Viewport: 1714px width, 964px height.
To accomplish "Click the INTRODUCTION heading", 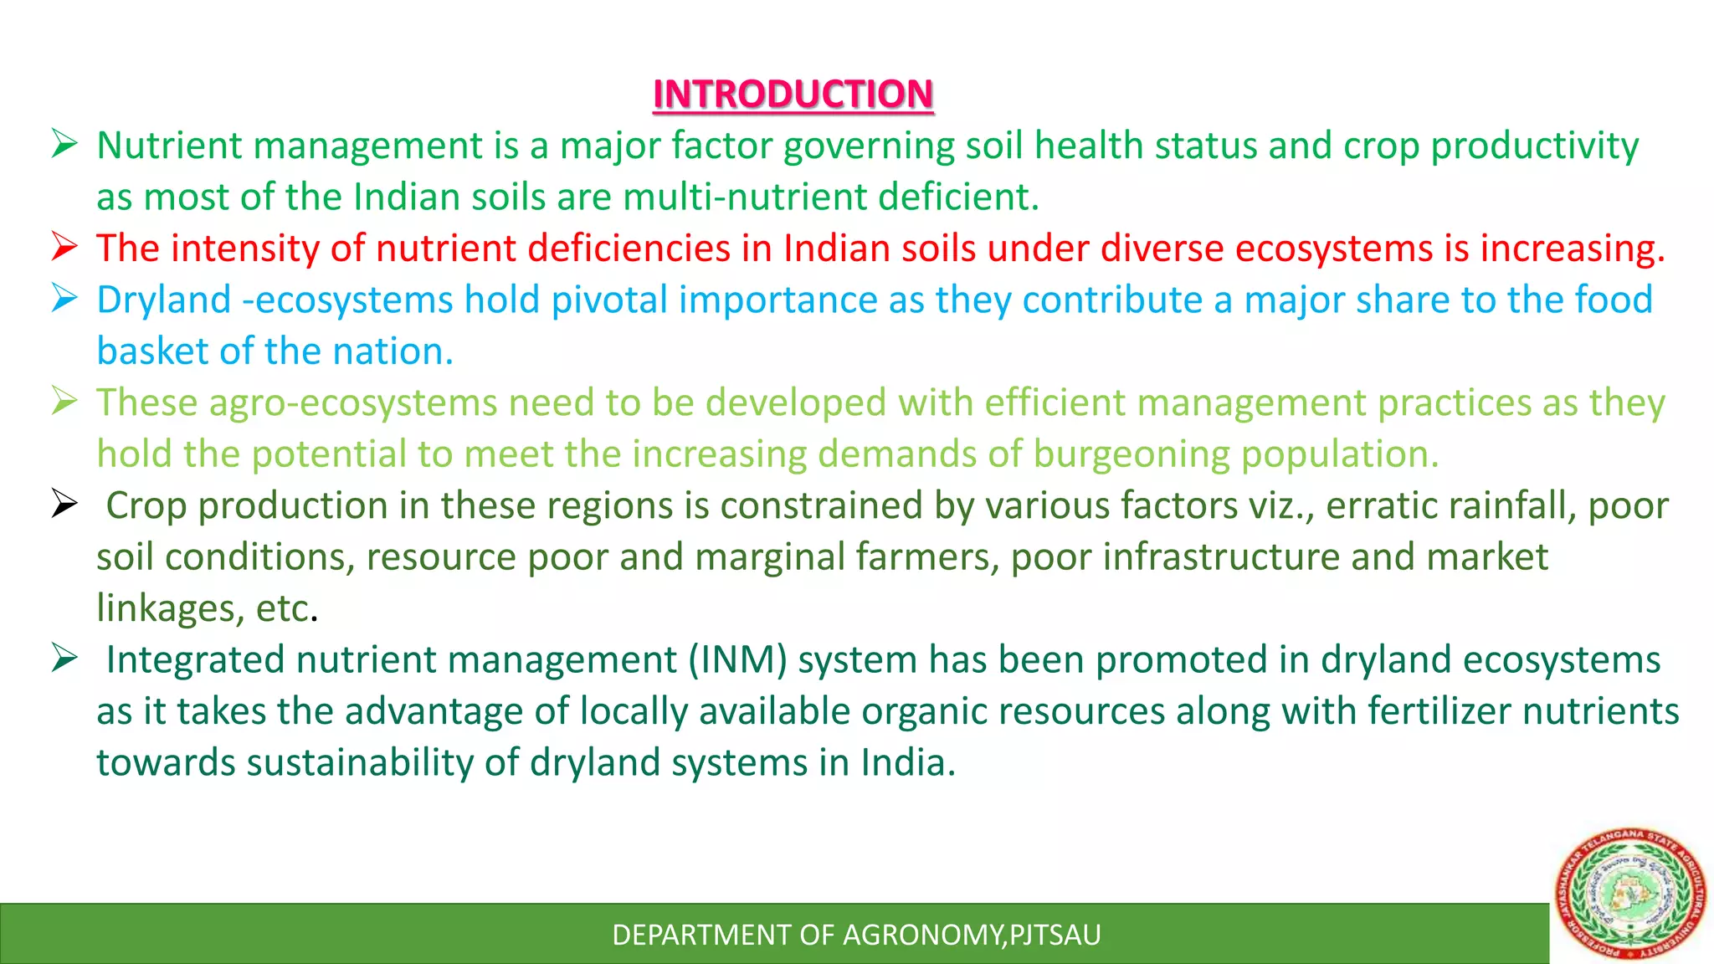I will pyautogui.click(x=793, y=94).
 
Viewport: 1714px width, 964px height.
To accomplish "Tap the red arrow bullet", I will pyautogui.click(x=64, y=247).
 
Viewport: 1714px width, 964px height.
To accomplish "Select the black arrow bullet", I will pyautogui.click(x=64, y=504).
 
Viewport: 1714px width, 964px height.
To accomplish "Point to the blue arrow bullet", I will pyautogui.click(x=64, y=298).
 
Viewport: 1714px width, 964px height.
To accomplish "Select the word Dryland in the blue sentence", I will pyautogui.click(x=164, y=300).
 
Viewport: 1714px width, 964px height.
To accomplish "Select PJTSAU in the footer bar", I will pyautogui.click(x=1055, y=935).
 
